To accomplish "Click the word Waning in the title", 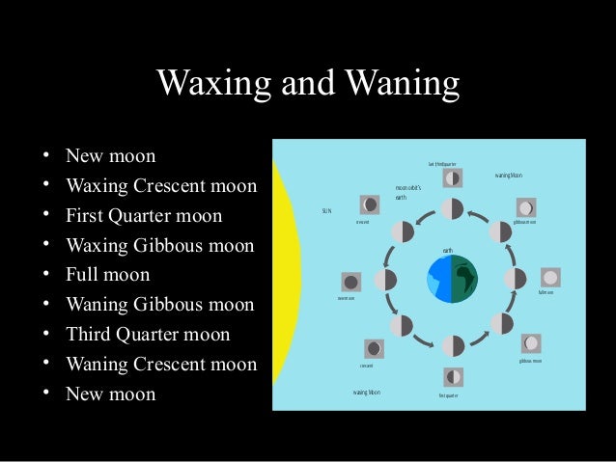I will click(400, 84).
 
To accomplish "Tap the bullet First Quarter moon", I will click(143, 215).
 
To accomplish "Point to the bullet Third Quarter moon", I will click(148, 335).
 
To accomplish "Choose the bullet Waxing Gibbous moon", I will click(159, 245).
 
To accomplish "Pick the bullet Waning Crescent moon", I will click(160, 365).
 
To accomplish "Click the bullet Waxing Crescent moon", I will click(160, 185).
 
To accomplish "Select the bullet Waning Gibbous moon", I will click(159, 305).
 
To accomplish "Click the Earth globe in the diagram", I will click(451, 279).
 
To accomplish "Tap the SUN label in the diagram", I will click(326, 210).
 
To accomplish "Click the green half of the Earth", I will click(464, 279).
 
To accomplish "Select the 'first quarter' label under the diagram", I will click(448, 395).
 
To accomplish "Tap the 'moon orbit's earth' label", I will click(408, 192).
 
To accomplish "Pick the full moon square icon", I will click(550, 277).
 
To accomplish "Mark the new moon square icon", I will click(350, 283).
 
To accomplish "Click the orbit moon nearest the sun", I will click(385, 280).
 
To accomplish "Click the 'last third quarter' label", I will click(442, 164).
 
